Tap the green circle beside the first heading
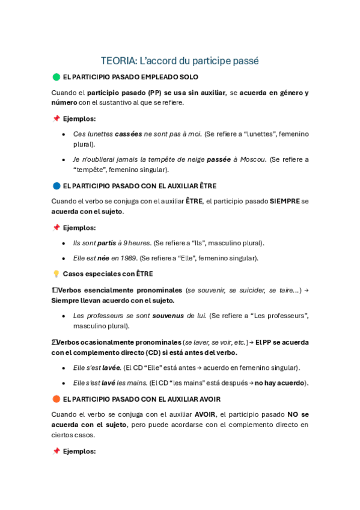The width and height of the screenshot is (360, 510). pyautogui.click(x=56, y=77)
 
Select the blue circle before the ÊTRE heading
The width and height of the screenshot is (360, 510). pyautogui.click(x=56, y=186)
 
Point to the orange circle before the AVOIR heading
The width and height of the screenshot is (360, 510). pyautogui.click(x=56, y=399)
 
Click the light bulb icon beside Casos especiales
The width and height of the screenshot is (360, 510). pyautogui.click(x=56, y=274)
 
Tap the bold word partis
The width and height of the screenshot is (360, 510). pyautogui.click(x=107, y=243)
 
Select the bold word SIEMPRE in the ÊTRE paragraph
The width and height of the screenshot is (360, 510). pyautogui.click(x=285, y=201)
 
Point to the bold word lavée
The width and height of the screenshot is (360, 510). pyautogui.click(x=109, y=367)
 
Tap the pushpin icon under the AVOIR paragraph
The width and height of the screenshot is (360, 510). pyautogui.click(x=56, y=451)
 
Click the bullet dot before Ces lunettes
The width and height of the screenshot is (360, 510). pyautogui.click(x=64, y=134)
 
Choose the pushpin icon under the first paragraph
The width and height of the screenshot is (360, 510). pyautogui.click(x=56, y=118)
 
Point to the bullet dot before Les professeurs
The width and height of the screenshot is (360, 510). pyautogui.click(x=64, y=316)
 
